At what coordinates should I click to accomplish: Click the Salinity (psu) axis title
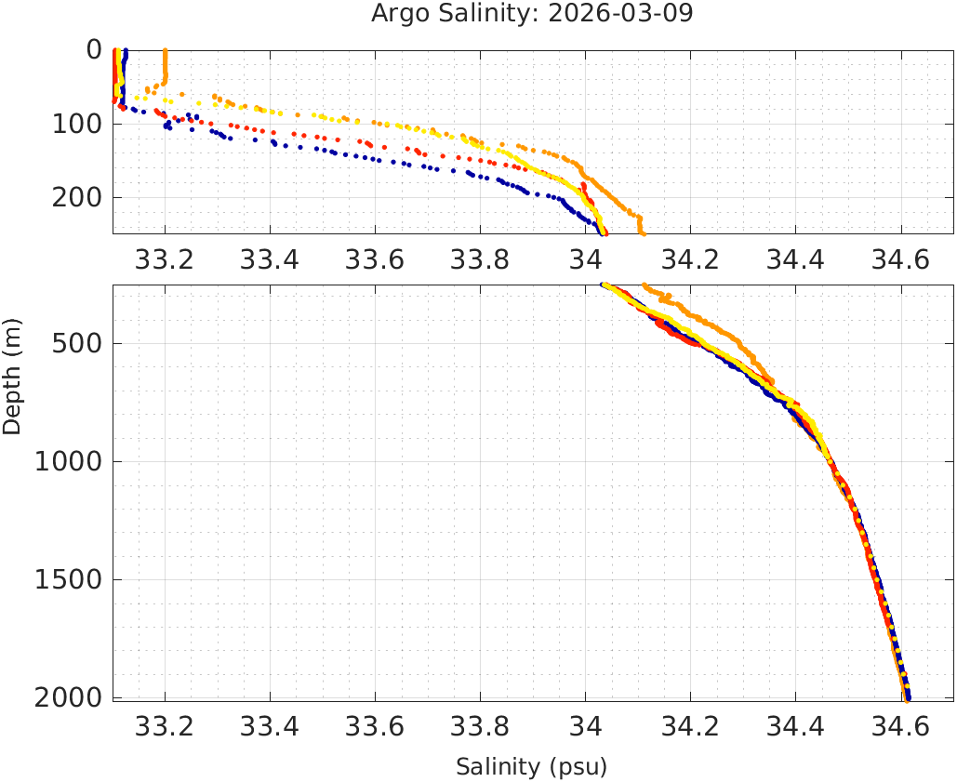(x=531, y=767)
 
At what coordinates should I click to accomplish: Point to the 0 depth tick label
(x=94, y=48)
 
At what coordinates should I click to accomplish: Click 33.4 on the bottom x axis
(x=270, y=727)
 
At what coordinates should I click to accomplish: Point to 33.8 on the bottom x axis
(x=480, y=727)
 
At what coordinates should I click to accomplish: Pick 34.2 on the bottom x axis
(x=690, y=727)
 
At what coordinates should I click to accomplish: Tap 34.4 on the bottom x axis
(x=795, y=727)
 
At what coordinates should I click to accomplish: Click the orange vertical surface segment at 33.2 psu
(x=165, y=65)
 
